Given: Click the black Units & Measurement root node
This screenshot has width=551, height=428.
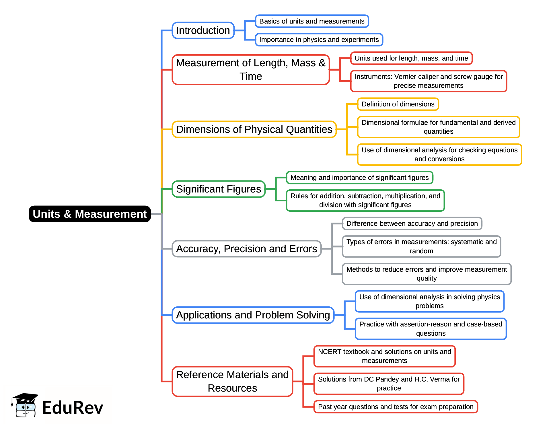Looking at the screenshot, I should [89, 214].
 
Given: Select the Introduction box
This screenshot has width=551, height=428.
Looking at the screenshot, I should [203, 30].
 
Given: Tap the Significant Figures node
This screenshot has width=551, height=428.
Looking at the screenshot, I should [219, 189].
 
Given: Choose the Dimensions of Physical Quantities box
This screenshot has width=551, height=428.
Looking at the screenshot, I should [254, 129].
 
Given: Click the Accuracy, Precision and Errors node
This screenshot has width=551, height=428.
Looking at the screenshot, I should [246, 249].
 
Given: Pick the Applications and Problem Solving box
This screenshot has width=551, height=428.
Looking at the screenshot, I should [253, 315].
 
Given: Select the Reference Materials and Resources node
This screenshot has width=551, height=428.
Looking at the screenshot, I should [232, 381].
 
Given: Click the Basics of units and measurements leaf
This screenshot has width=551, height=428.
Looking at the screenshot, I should [312, 21].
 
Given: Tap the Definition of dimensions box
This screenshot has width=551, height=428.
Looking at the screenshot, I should [398, 104].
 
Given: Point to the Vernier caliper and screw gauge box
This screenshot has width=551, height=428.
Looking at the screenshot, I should [429, 81].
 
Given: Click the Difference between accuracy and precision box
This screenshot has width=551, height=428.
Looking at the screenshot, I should [412, 223].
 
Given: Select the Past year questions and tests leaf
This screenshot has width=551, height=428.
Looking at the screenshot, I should [396, 407].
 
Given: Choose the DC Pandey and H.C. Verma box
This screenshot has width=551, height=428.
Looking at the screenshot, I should [389, 384].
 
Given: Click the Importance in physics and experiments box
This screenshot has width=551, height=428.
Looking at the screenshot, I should [319, 40].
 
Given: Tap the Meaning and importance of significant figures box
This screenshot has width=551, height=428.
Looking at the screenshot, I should [359, 178].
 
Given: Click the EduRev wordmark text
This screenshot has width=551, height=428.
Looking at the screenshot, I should [73, 407].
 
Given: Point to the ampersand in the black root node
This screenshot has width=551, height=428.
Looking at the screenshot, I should [67, 214].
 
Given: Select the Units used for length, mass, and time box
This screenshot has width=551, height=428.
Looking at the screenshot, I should [411, 58].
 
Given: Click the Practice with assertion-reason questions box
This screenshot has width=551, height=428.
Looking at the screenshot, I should [431, 329].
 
